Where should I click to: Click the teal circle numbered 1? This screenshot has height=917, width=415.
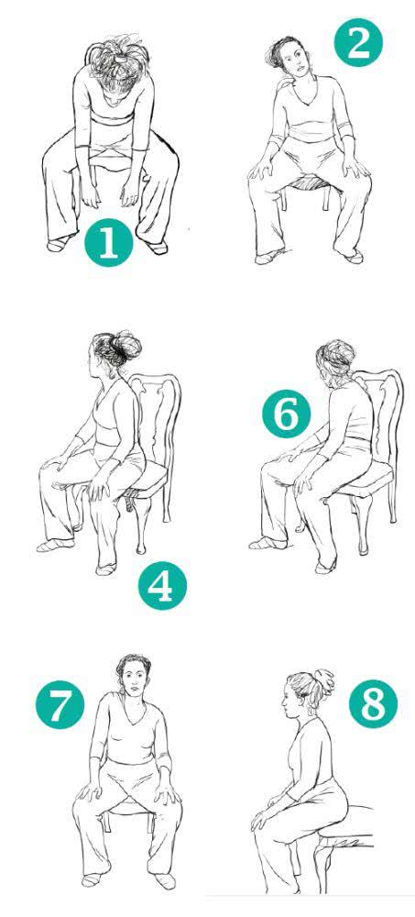click(x=109, y=243)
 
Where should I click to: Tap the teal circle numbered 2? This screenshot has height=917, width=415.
click(x=357, y=43)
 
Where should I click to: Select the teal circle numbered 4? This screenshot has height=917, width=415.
click(x=162, y=586)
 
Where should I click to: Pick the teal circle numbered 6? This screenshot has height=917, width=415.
click(x=287, y=414)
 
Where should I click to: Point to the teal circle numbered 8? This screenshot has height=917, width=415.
click(x=373, y=704)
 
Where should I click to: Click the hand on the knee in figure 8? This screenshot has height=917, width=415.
click(x=260, y=818)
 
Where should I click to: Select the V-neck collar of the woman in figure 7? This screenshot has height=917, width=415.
click(x=134, y=706)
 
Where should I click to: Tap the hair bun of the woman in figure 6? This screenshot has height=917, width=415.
click(x=336, y=353)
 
